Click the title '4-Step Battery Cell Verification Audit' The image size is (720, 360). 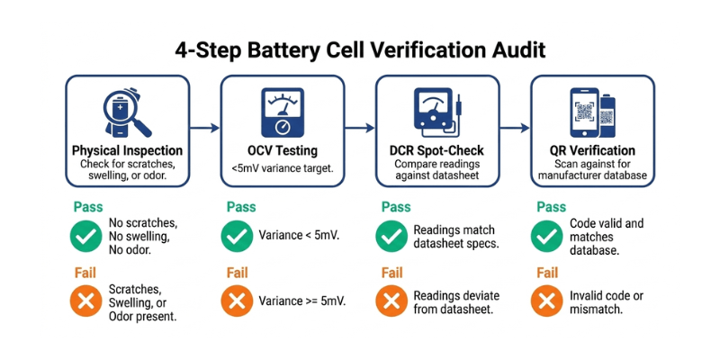point(360,48)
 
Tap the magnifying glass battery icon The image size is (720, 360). point(126,112)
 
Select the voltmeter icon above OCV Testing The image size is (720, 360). point(283,112)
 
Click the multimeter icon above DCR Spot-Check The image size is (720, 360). point(437,112)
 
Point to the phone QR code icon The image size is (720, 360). point(591,112)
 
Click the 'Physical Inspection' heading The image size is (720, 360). point(127,150)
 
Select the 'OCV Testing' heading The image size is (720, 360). point(283,150)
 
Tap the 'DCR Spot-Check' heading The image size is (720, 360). point(437,150)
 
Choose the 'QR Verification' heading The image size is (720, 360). point(592,150)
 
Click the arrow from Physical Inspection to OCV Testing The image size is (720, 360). point(205,130)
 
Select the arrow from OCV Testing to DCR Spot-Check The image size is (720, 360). point(360,130)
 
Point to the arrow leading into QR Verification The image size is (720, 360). point(515,130)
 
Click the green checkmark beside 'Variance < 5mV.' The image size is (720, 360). point(237,236)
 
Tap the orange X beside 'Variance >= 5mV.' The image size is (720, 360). point(237,301)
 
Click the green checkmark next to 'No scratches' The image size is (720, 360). point(85,236)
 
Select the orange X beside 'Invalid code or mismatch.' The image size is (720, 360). point(546,301)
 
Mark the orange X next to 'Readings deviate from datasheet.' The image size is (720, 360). point(391,301)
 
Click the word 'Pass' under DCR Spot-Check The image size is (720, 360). point(396,207)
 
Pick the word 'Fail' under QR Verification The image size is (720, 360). point(548,273)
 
